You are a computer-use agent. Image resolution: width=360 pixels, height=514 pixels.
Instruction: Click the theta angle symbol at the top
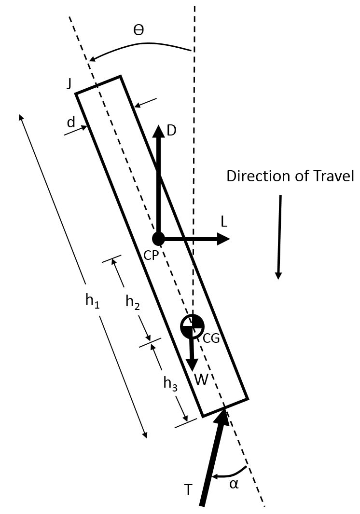pos(139,30)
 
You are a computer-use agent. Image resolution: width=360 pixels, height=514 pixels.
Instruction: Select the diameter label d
pos(71,122)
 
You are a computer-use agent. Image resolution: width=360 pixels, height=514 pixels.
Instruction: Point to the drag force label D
pos(171,130)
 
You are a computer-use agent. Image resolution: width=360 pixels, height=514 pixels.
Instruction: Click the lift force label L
pos(223,222)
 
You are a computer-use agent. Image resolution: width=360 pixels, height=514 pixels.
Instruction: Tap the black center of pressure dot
pos(158,238)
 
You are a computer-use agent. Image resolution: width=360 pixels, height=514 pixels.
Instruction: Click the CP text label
pos(152,256)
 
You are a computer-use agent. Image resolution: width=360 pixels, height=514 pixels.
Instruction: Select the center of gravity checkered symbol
pos(192,327)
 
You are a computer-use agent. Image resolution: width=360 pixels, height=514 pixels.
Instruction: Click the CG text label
pos(211,338)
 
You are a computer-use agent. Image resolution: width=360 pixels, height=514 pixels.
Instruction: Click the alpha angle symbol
pos(234,484)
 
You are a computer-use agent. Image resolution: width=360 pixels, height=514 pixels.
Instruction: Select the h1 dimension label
pos(92,300)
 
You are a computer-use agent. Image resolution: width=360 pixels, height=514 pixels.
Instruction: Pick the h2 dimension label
pos(133,301)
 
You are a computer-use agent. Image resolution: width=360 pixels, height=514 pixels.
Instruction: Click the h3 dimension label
pos(170,382)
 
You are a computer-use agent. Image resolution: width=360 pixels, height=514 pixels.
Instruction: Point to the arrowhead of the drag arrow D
pos(158,131)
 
